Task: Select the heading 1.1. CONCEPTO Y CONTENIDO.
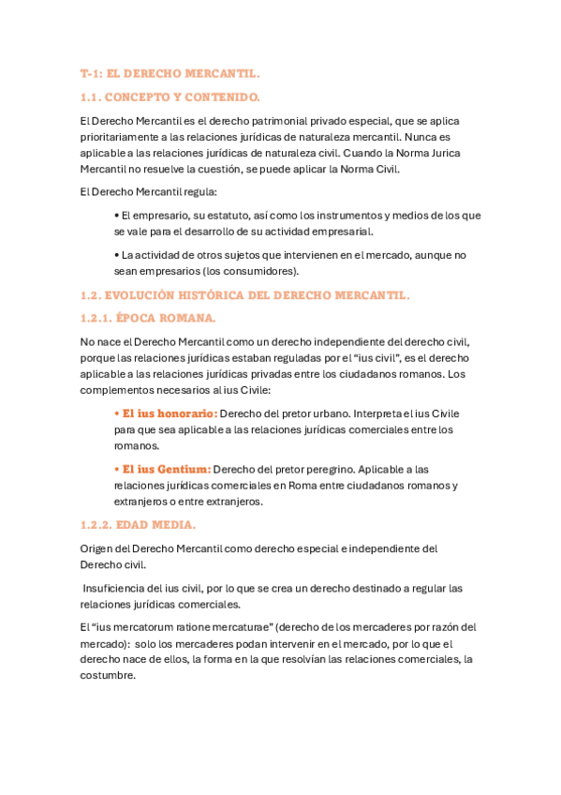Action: (170, 97)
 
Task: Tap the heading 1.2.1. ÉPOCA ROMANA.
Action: (148, 318)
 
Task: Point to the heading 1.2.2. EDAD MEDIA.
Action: (138, 525)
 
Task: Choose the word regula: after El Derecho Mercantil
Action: (196, 192)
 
